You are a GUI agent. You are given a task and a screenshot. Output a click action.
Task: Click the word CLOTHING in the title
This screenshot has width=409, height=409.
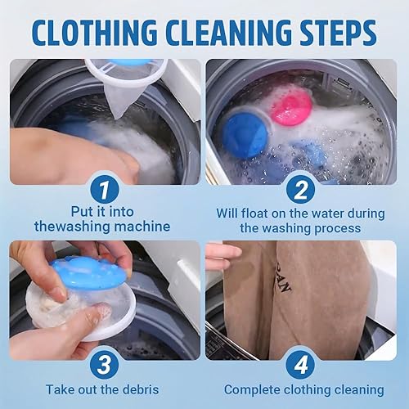95,33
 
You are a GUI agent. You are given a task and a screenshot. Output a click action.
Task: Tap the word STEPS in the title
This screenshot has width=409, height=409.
339,33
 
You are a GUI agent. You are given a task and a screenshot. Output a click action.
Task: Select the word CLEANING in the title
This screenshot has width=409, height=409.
228,33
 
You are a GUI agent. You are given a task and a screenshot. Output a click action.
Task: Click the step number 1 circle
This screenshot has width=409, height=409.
105,190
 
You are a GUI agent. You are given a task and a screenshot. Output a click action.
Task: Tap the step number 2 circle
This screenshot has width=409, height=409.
301,190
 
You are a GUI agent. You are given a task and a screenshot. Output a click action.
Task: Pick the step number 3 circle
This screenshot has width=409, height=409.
105,365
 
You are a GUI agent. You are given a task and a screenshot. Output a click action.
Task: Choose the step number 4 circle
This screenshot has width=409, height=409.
301,365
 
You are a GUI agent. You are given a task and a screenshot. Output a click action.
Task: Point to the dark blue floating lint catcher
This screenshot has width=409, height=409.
245,135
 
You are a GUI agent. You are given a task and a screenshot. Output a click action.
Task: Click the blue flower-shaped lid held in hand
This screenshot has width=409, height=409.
88,273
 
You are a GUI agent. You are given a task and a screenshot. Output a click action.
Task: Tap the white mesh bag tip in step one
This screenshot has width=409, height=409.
117,116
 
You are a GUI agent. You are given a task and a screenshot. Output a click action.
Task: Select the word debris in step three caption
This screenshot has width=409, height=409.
141,389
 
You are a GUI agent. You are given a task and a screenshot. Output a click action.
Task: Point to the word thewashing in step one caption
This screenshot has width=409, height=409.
72,227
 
